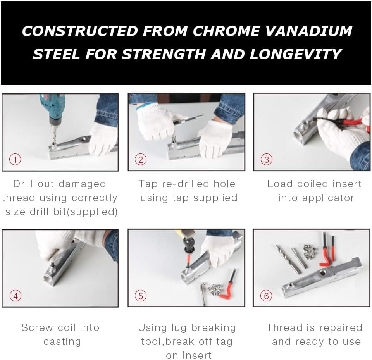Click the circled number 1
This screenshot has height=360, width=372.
click(15, 159)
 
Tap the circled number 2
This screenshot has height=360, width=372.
click(141, 159)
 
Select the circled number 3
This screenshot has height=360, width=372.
click(267, 159)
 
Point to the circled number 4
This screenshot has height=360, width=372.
click(15, 296)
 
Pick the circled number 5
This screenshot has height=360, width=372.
click(141, 296)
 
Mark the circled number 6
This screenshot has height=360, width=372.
click(266, 296)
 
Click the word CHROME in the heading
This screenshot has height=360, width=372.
click(226, 31)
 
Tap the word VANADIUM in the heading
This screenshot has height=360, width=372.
click(308, 31)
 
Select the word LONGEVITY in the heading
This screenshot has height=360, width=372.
click(295, 54)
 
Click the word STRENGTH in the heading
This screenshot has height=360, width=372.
click(164, 54)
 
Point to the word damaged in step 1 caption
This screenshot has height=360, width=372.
click(82, 184)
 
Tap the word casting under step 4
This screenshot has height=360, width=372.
click(62, 342)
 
